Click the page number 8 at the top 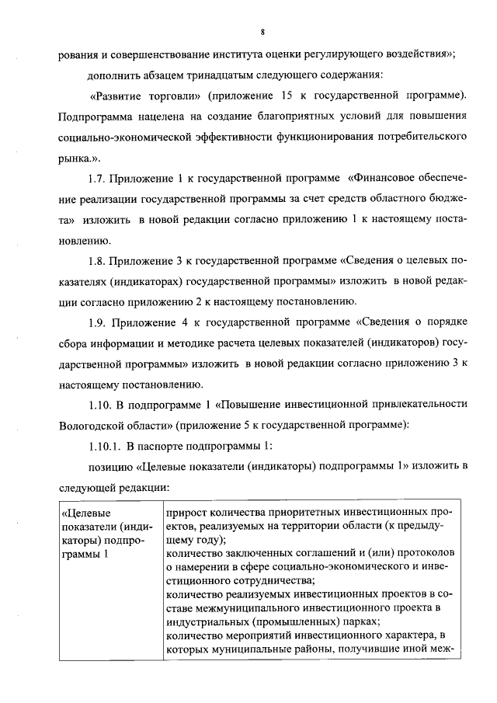[x=264, y=32]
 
